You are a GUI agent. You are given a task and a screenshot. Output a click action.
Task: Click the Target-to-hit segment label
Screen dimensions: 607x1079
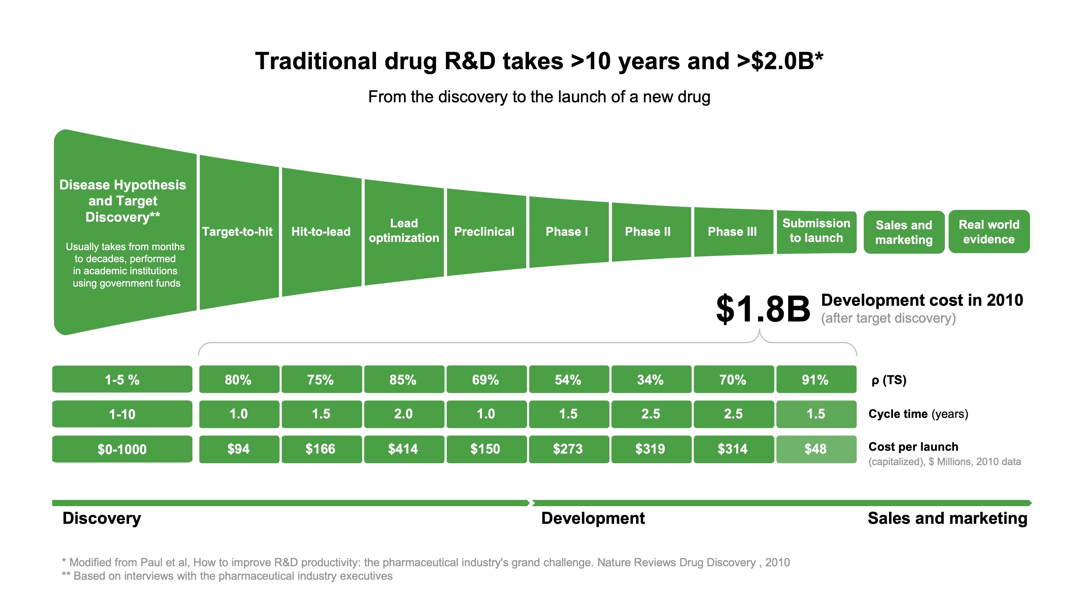point(237,232)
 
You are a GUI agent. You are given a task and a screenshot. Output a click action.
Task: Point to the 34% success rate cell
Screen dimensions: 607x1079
point(650,380)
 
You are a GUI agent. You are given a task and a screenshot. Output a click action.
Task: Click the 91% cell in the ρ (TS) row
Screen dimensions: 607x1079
point(815,380)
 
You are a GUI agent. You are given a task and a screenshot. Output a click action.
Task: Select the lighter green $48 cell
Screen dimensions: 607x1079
point(815,449)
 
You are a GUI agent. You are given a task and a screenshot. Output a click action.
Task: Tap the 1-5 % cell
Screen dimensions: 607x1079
point(122,380)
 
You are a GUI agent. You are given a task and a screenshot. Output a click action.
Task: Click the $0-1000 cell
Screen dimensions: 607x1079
point(122,449)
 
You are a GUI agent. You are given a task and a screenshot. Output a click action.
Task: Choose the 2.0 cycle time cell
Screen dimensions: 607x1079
point(404,414)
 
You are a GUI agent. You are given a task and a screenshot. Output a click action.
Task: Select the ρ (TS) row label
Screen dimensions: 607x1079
point(888,380)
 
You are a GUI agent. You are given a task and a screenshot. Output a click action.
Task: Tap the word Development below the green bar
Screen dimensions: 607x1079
point(593,518)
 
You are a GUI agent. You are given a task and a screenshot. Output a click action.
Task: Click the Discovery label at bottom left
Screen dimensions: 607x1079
point(102,518)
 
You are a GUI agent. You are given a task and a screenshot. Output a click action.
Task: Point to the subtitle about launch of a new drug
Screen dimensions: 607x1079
point(539,97)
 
